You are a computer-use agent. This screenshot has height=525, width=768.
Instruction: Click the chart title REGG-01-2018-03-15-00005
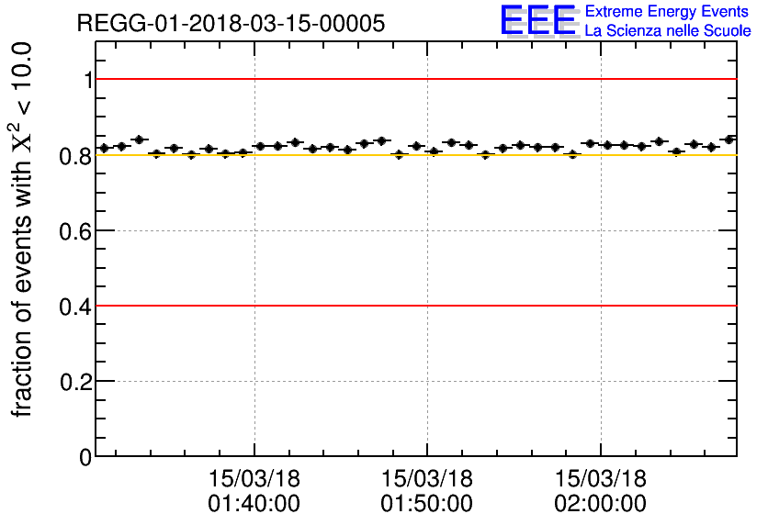coord(231,23)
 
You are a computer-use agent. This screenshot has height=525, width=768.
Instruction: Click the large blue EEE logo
coord(538,20)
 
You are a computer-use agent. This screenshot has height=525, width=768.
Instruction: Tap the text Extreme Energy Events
coord(668,12)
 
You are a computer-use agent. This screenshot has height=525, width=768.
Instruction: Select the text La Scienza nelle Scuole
coord(668,30)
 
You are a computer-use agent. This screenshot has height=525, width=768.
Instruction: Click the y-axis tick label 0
coord(86,456)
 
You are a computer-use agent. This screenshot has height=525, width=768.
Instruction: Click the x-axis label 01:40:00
coord(254,504)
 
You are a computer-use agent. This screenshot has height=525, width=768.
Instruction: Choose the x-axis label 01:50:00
coord(427,504)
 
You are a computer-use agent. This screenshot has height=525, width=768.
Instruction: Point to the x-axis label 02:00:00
coord(600,504)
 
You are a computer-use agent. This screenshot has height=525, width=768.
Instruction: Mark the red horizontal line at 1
coord(413,79)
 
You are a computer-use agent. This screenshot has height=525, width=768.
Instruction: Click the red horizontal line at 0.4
coord(413,305)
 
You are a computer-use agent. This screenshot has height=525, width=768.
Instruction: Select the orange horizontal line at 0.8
coord(413,155)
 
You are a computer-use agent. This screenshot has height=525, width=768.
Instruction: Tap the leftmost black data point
coord(104,148)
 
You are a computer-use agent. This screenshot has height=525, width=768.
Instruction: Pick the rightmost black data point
coord(729,140)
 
